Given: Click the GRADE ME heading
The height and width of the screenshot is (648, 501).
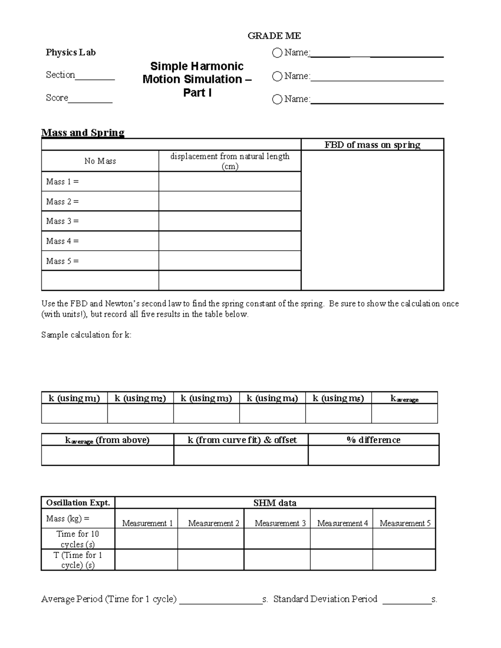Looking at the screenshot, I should (274, 36).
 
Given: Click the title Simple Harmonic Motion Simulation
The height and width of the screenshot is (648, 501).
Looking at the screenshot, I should (197, 79).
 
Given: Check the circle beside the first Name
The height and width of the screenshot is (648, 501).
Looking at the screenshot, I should (277, 53).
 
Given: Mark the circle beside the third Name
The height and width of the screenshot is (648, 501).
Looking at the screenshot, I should (277, 99).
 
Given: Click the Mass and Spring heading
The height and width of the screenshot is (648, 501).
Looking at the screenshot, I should (83, 133).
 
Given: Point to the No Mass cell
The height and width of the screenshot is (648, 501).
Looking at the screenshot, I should (100, 161).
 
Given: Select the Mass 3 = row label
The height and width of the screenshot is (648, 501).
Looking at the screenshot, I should (63, 221).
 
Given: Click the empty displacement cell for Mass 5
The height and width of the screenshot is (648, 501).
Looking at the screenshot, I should (230, 261).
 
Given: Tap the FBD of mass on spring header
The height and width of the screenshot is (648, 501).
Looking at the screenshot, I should (372, 145).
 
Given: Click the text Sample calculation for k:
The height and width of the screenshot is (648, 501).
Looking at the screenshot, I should (86, 335).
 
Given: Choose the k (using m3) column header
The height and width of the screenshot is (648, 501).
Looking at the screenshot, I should (206, 398).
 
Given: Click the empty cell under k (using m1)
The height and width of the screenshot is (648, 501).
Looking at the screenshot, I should (74, 414).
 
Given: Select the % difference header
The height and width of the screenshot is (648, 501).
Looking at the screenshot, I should (373, 440).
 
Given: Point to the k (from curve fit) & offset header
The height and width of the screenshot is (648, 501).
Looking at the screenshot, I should (242, 440).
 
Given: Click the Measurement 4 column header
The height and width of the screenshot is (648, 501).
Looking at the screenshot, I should (342, 523).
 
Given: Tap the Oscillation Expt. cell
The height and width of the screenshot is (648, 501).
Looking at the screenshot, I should (78, 503).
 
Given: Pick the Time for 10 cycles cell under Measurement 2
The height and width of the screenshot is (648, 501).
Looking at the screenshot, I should (210, 539).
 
